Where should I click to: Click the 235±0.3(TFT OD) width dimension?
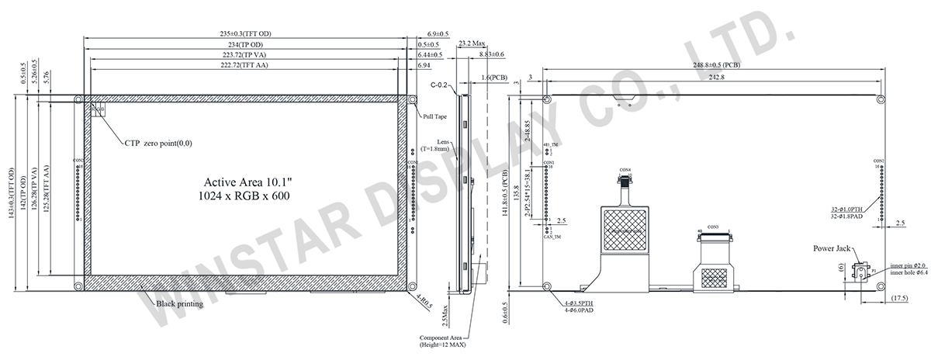245,34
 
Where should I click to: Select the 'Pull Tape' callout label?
434,116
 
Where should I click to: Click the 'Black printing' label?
179,304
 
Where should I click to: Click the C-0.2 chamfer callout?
440,86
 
